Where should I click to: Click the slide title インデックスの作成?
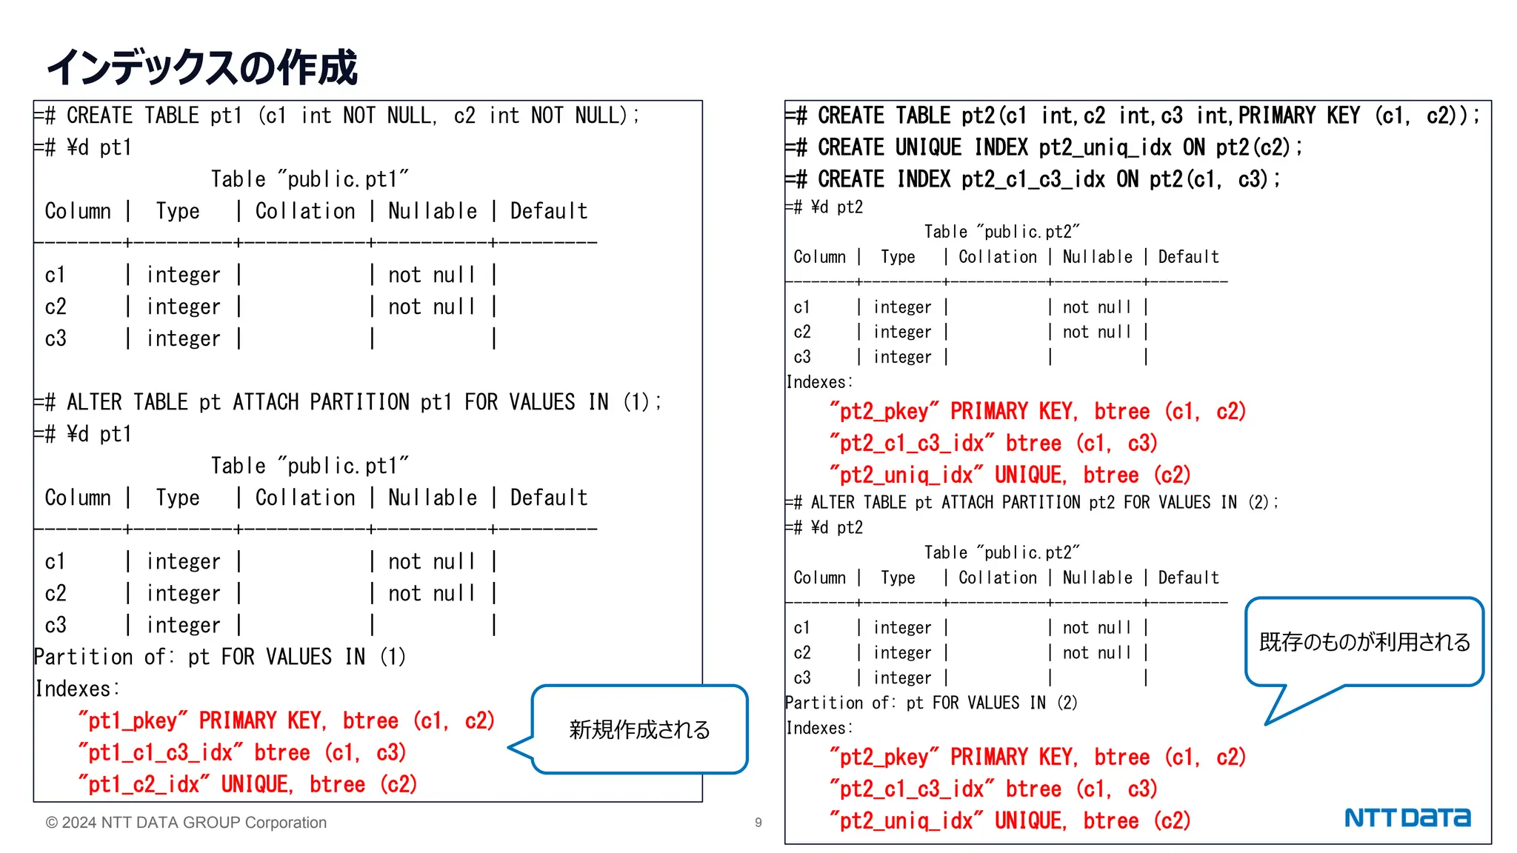tap(201, 67)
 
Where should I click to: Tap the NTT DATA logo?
tap(1407, 817)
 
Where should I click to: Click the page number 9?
tap(758, 823)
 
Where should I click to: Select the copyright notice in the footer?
tap(186, 823)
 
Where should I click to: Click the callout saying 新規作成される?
tap(639, 730)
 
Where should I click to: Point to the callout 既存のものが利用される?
tap(1364, 642)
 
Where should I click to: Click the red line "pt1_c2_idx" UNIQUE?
tap(248, 785)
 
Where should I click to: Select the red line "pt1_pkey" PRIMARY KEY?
tap(286, 721)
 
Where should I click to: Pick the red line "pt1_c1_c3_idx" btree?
tap(242, 753)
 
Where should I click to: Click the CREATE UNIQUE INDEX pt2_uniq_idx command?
tap(1044, 148)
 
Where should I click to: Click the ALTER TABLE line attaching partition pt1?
tap(348, 403)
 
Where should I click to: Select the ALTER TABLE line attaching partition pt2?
tap(1033, 503)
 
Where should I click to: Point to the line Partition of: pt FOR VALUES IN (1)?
tap(220, 658)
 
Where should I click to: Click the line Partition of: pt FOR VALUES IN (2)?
tap(931, 703)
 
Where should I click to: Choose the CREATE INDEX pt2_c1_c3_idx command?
tap(1033, 180)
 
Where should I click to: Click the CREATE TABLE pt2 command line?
tap(1133, 116)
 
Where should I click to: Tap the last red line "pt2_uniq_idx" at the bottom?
tap(1010, 821)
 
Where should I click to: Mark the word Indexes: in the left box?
tap(77, 689)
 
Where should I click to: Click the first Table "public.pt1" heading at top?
tap(310, 180)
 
